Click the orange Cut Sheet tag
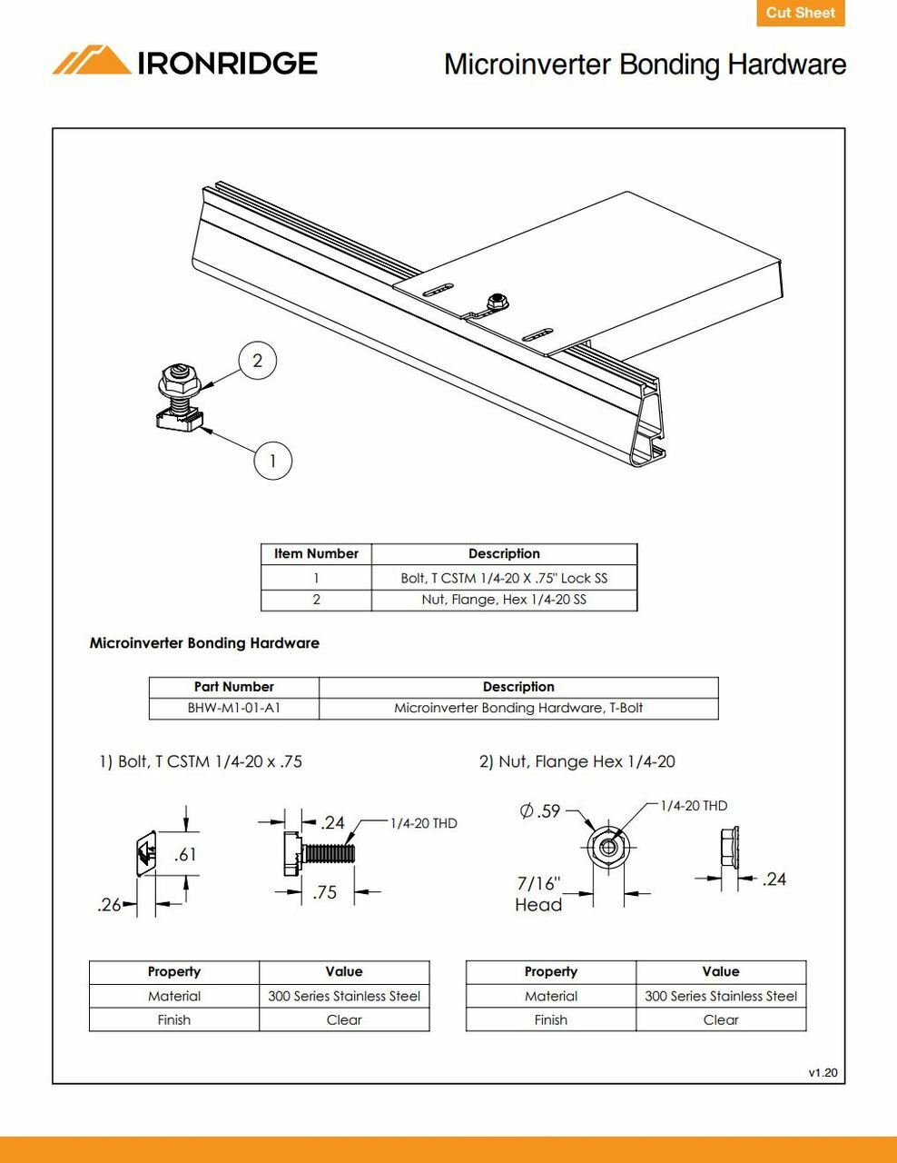(800, 13)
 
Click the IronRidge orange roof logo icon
(91, 61)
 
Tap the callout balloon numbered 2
(257, 361)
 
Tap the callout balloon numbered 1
(272, 461)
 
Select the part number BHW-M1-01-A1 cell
(233, 708)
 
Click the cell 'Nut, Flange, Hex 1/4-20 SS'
(504, 600)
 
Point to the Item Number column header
(316, 553)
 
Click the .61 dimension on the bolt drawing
(185, 854)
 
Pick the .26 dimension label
(108, 905)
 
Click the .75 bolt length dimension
(324, 892)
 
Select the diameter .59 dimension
(540, 810)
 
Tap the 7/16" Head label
(538, 894)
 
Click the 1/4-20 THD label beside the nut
(693, 806)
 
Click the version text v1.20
(823, 1073)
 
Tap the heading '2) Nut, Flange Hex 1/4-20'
(577, 761)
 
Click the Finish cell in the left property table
(173, 1019)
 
